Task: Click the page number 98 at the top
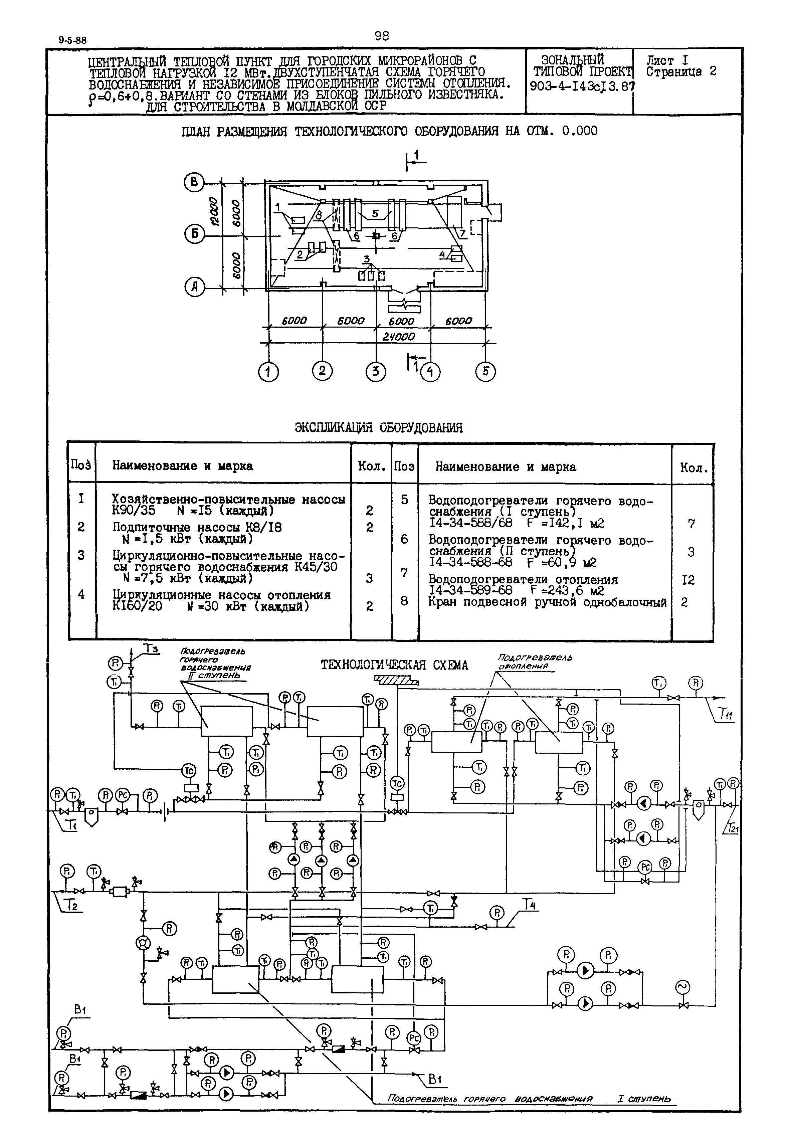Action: (x=382, y=36)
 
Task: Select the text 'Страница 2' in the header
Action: (x=681, y=72)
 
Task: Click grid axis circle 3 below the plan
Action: (x=376, y=371)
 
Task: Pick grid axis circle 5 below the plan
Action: (x=485, y=371)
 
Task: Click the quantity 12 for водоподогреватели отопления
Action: (x=688, y=580)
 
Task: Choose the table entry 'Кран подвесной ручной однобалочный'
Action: (x=547, y=602)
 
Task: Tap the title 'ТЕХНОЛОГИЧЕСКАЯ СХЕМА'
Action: (x=394, y=665)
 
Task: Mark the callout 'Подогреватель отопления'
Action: (x=535, y=662)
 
